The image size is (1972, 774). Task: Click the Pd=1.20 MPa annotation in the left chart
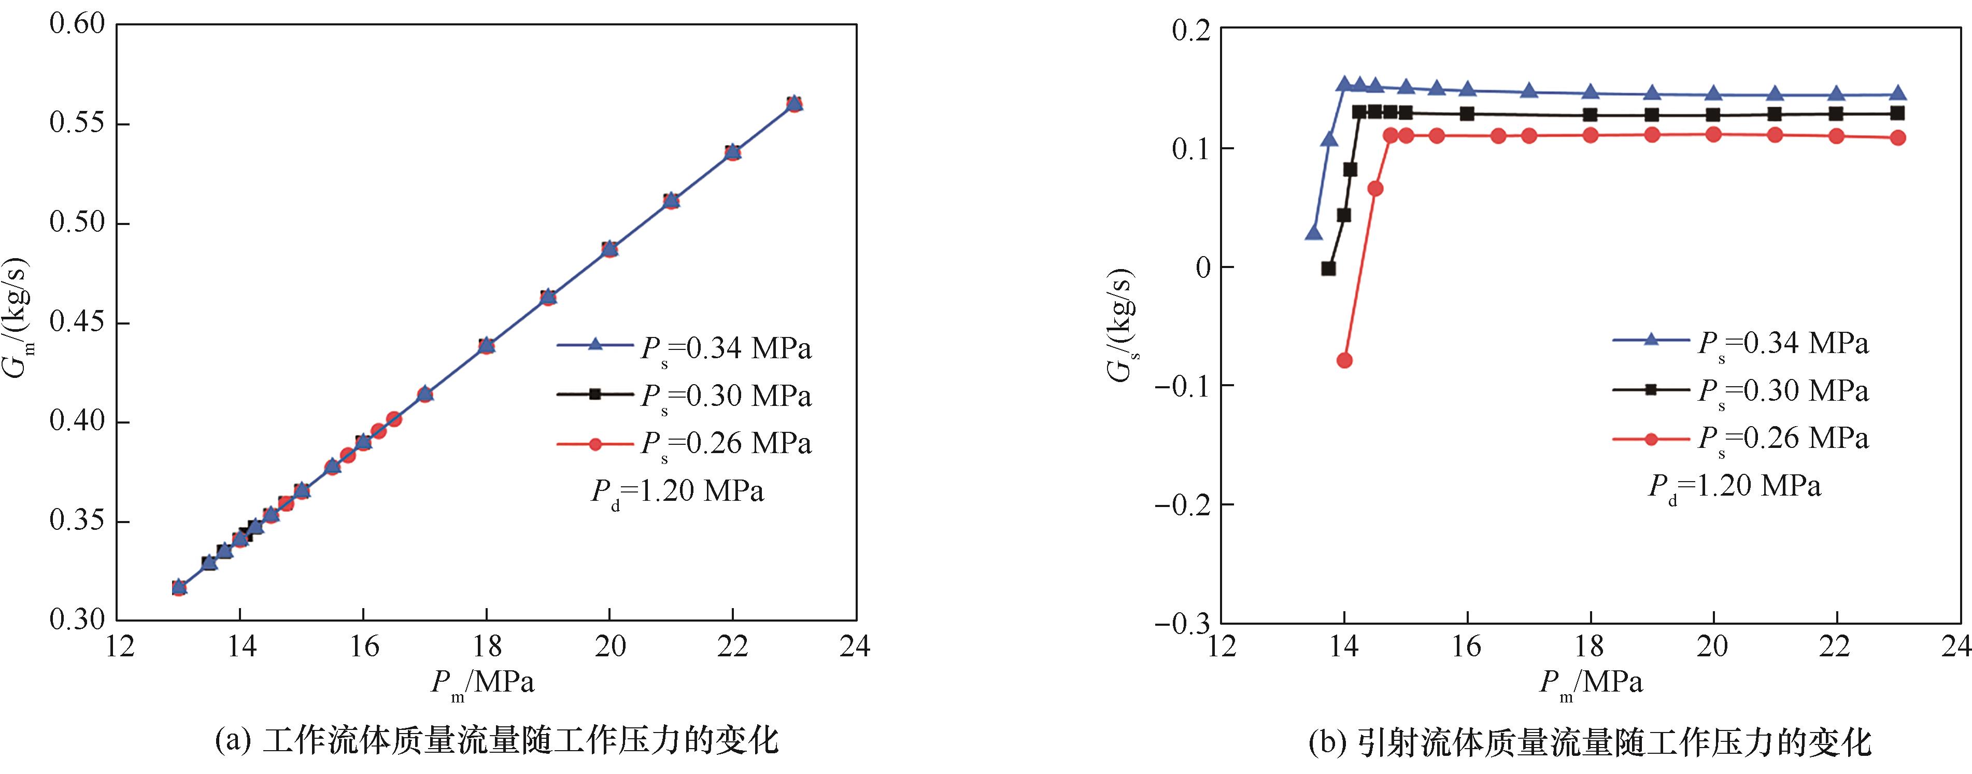click(x=677, y=491)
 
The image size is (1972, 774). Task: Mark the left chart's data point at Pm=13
click(x=179, y=588)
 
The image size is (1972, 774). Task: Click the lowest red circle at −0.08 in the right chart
click(x=1344, y=361)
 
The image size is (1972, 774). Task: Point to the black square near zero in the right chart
click(x=1328, y=269)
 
